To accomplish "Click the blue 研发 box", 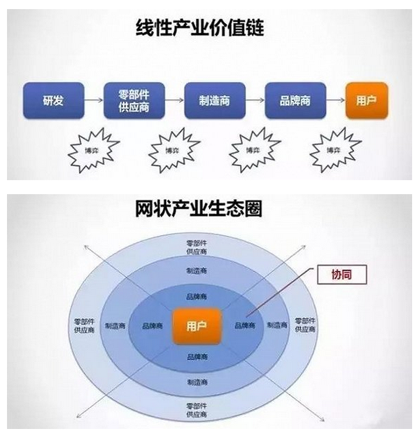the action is [54, 100].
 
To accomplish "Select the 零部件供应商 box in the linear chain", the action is [134, 100].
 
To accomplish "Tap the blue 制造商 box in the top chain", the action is [215, 100].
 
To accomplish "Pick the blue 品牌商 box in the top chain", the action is [295, 100].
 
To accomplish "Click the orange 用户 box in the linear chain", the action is [367, 100].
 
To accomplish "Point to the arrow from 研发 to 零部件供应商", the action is [94, 100].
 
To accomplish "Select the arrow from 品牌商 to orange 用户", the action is [336, 100].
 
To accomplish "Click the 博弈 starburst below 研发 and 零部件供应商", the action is [93, 150].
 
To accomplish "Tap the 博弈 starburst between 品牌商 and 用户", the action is [335, 150].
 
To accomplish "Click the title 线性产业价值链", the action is [200, 28].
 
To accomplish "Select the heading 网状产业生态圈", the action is [199, 209].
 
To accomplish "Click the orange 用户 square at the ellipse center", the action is [197, 326].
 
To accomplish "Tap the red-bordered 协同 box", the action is [342, 275].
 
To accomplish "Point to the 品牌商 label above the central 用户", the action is [197, 297].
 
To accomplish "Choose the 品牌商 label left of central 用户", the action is [153, 326].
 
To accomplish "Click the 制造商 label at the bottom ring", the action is [197, 382].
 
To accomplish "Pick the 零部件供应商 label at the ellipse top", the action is [197, 247].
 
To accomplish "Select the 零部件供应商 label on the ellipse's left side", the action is [84, 326].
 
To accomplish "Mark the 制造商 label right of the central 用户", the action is [277, 325].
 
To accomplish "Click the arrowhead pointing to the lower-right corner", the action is [323, 419].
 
